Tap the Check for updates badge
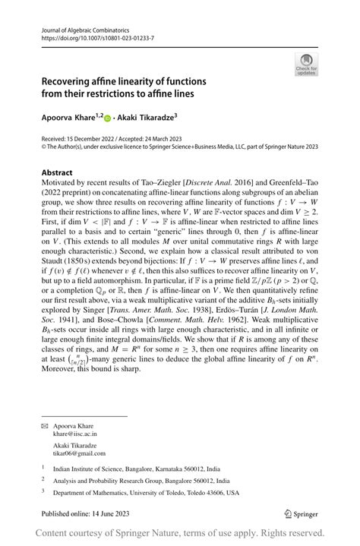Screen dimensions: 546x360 pyautogui.click(x=305, y=64)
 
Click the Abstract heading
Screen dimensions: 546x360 pyautogui.click(x=58, y=173)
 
